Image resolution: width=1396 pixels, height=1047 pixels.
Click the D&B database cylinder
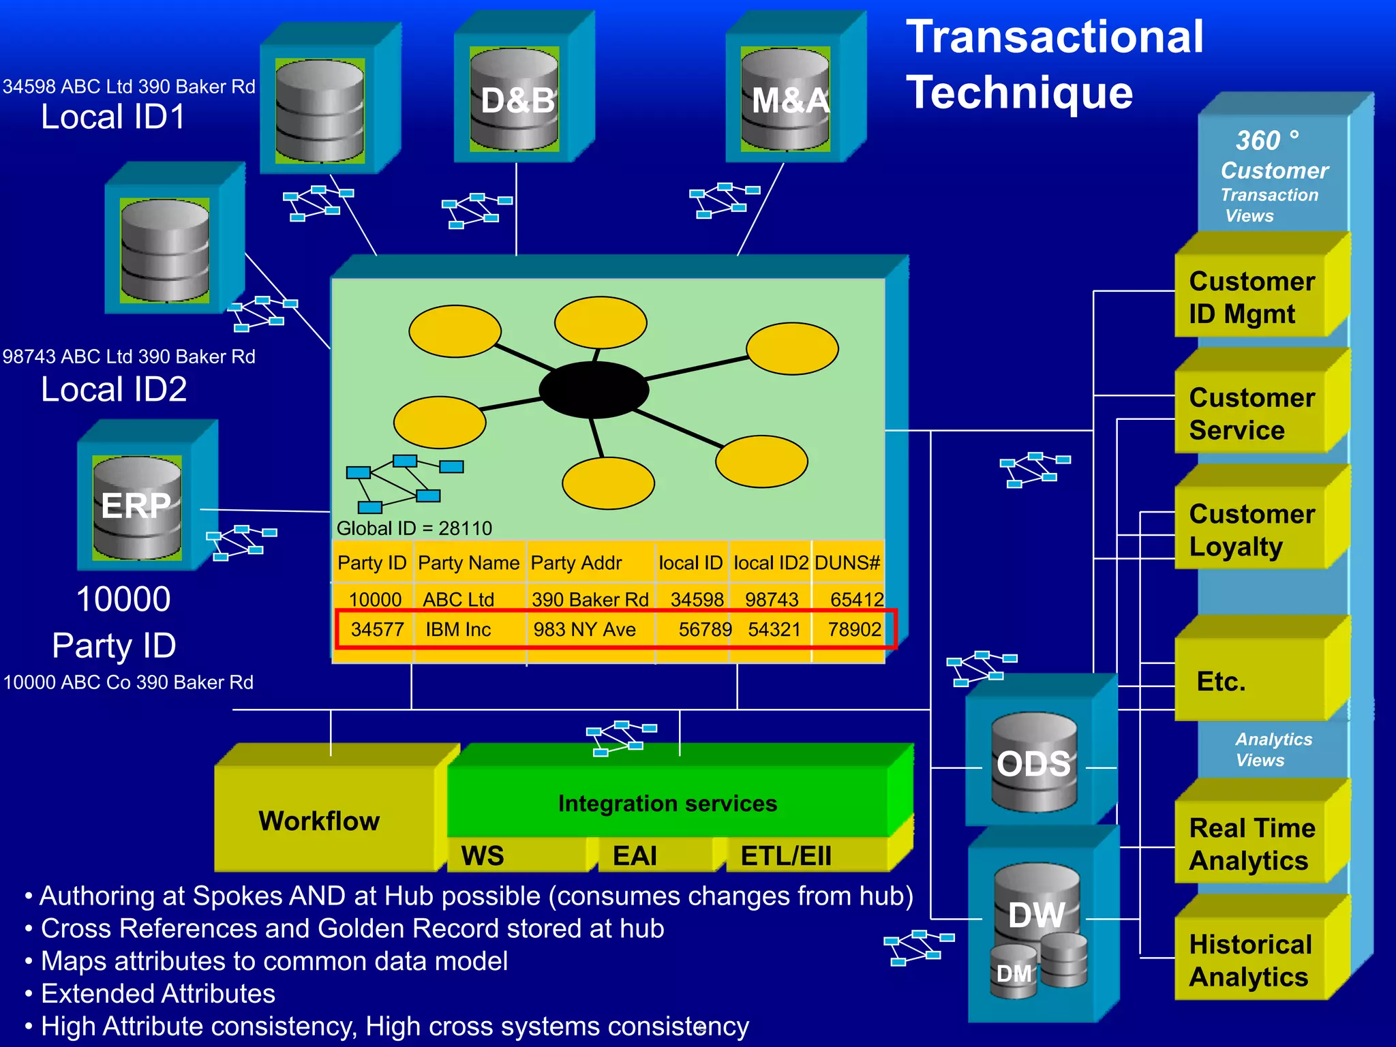click(x=515, y=99)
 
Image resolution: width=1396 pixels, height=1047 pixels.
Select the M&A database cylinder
click(x=785, y=99)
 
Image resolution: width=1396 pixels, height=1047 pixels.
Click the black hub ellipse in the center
click(x=593, y=389)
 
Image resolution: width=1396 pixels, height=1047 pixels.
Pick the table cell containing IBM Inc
click(x=458, y=629)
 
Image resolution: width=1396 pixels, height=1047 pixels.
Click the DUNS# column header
click(x=847, y=563)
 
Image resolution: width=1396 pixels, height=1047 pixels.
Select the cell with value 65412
click(x=856, y=599)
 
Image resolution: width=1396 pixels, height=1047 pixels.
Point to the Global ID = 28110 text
click(x=414, y=528)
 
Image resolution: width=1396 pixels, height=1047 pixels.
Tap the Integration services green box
click(x=667, y=803)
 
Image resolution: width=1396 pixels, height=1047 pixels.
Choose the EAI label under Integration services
click(x=635, y=856)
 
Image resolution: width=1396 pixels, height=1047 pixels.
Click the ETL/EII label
click(x=785, y=856)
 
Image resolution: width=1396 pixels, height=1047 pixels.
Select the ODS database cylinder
click(x=1033, y=762)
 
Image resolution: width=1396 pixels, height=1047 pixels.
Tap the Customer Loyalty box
click(x=1251, y=530)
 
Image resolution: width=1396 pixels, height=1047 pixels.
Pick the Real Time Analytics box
click(x=1251, y=844)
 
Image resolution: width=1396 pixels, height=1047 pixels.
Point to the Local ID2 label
click(x=114, y=389)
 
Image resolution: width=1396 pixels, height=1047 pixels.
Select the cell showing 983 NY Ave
click(x=584, y=629)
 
